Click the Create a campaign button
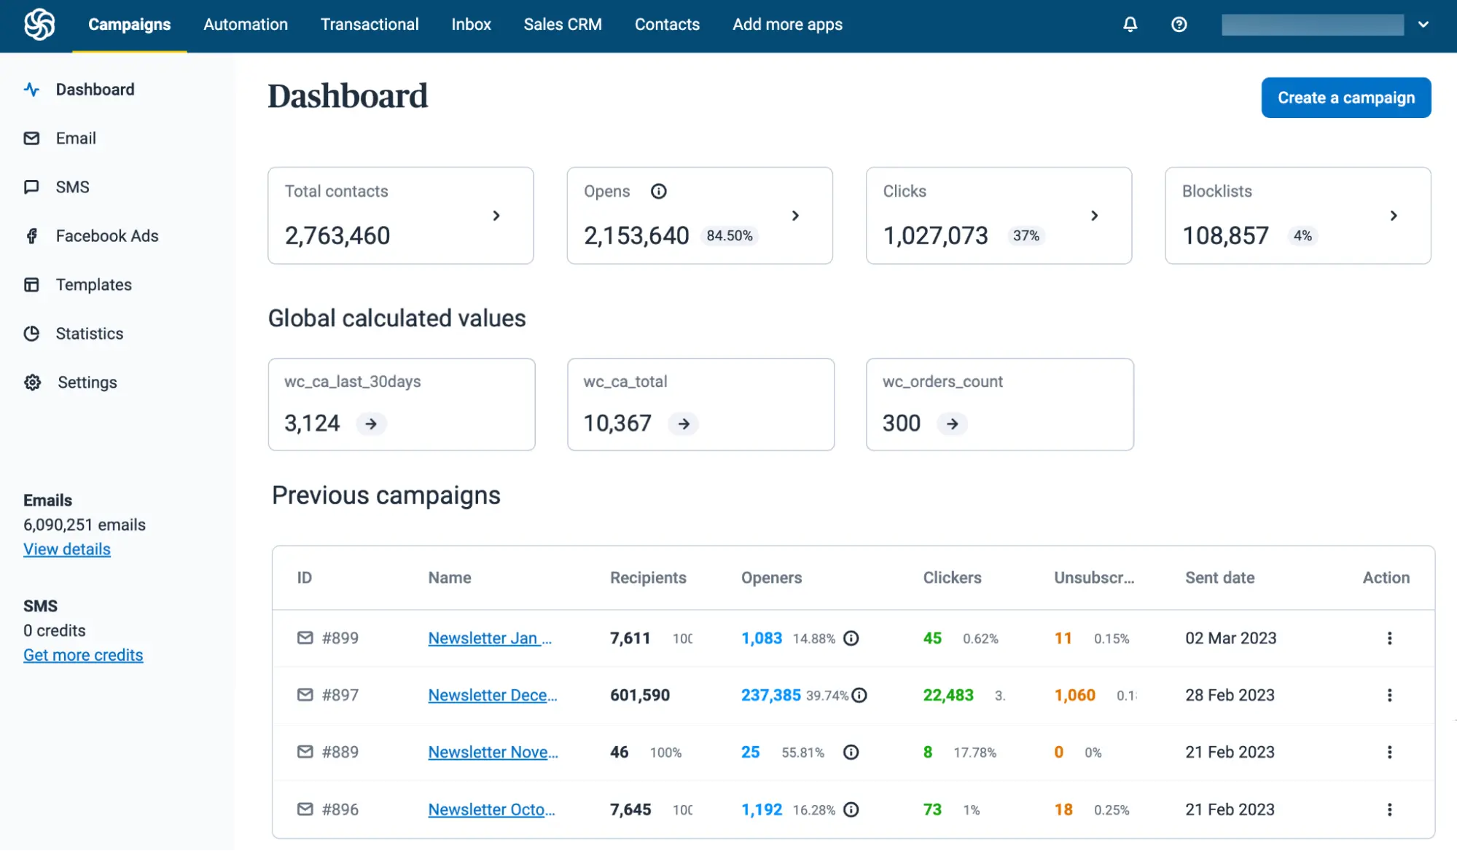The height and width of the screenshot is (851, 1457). (x=1345, y=98)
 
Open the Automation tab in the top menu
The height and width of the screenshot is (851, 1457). (x=246, y=25)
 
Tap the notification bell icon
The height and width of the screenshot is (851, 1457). (x=1130, y=25)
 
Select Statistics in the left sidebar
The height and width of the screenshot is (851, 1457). (x=89, y=334)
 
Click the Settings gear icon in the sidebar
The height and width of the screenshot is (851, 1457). (x=33, y=383)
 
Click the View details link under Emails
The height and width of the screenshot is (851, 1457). (x=67, y=549)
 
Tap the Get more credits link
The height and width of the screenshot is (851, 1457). (x=83, y=655)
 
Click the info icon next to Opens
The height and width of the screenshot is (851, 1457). (x=658, y=192)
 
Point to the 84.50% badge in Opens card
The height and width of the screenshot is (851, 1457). (x=729, y=236)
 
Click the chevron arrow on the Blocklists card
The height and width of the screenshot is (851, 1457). (x=1393, y=216)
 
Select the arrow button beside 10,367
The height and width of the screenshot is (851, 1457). (x=684, y=424)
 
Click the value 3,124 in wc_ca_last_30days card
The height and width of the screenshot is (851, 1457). (x=312, y=423)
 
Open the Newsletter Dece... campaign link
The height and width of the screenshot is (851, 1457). (x=492, y=695)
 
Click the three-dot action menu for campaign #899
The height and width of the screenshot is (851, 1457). (x=1389, y=638)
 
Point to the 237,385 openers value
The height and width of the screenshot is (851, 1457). (x=770, y=695)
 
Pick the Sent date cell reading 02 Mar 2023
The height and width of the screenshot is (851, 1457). (x=1230, y=638)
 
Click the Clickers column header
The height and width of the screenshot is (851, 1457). (x=952, y=578)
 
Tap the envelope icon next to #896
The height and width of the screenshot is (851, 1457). (x=305, y=809)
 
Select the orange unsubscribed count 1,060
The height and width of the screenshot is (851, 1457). (x=1074, y=695)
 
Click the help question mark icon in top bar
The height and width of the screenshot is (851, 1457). (x=1179, y=25)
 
